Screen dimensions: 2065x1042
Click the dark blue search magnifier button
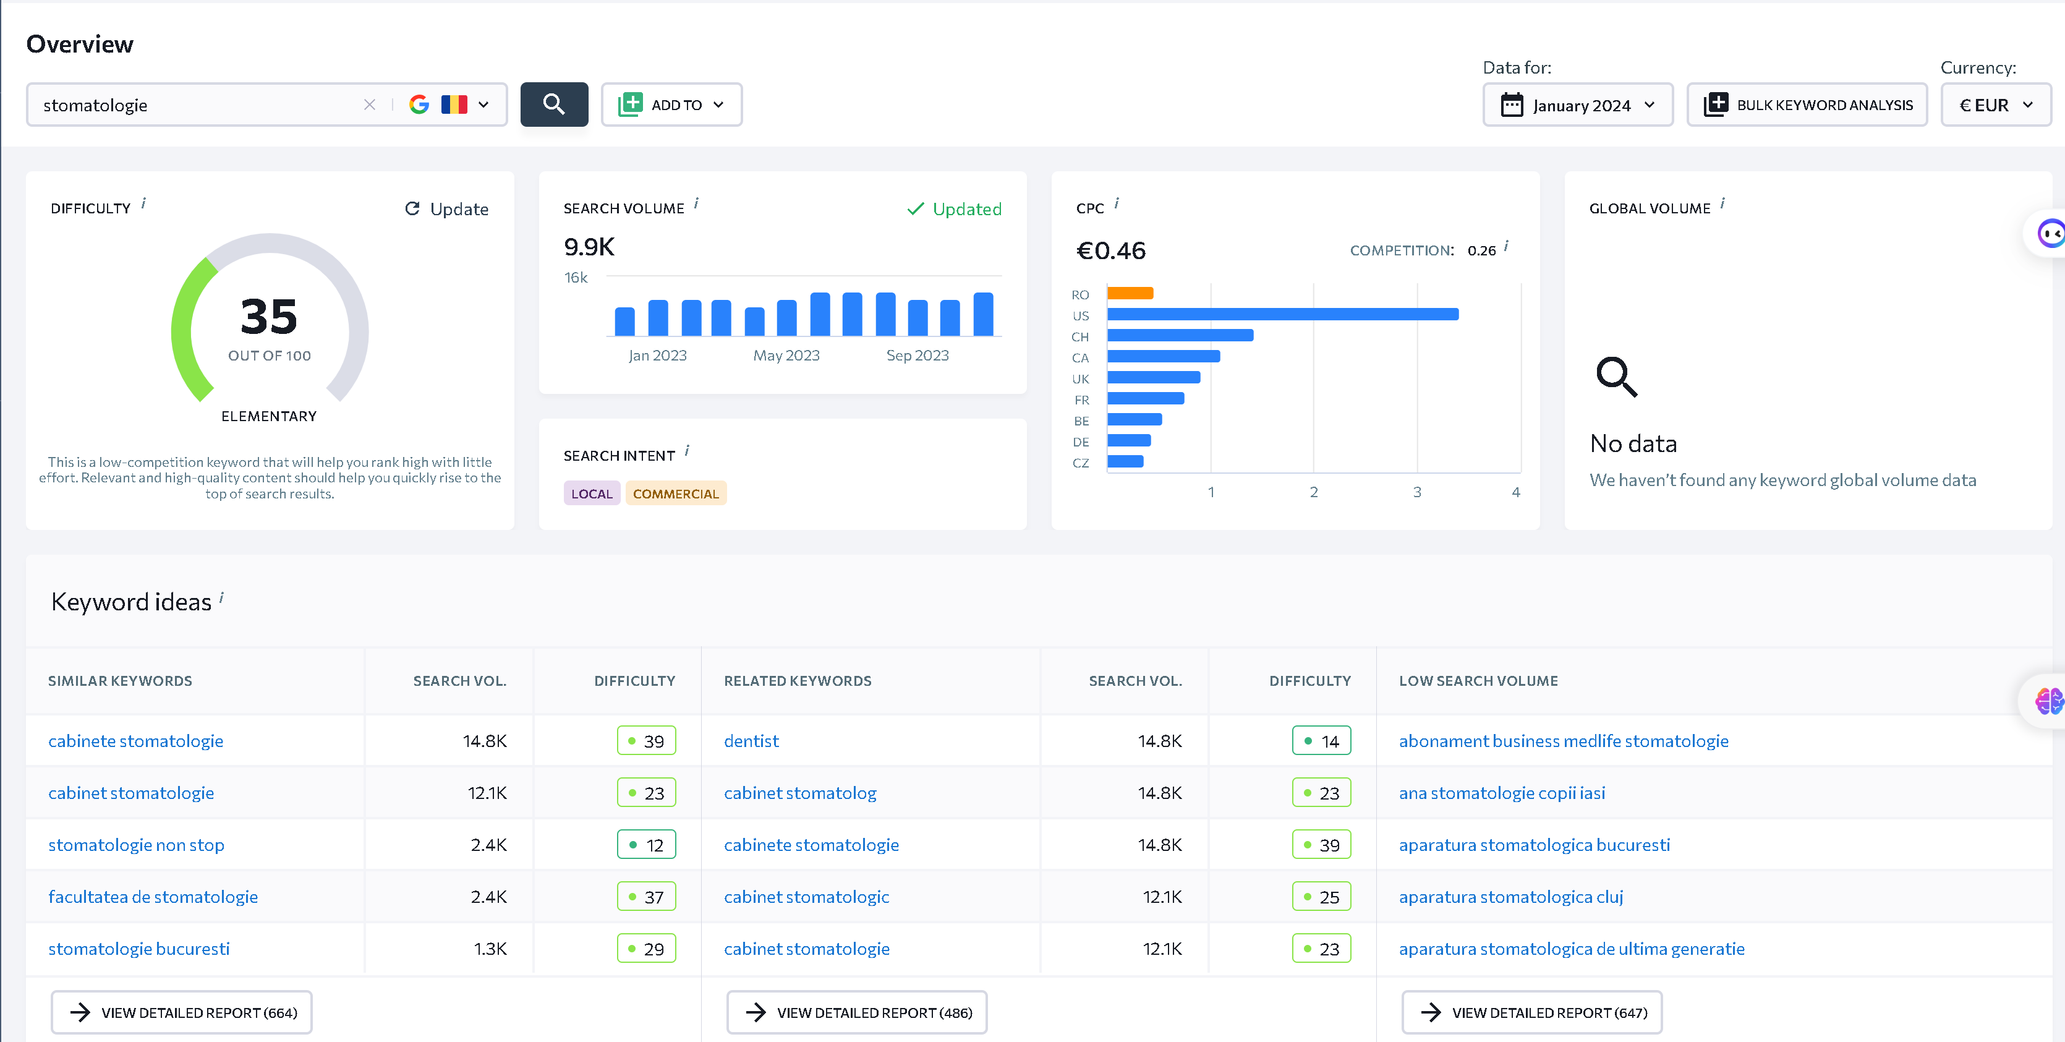point(554,104)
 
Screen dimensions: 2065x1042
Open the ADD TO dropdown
point(672,104)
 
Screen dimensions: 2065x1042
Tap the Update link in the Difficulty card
point(447,209)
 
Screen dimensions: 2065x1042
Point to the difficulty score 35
point(270,316)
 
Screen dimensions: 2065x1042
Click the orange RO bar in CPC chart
point(1130,293)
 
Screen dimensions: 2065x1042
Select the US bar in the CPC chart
point(1283,314)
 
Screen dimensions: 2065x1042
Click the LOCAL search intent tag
point(592,493)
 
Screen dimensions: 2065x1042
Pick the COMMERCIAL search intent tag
point(676,493)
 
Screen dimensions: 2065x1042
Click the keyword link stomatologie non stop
point(136,845)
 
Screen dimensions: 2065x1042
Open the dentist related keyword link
point(751,741)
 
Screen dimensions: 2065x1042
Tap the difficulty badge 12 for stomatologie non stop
point(646,845)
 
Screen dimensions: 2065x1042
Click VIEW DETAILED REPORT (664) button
point(182,1012)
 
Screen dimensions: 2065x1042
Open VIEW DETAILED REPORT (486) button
point(857,1012)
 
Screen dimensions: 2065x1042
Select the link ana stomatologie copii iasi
point(1502,793)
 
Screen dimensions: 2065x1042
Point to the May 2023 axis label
point(786,355)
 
